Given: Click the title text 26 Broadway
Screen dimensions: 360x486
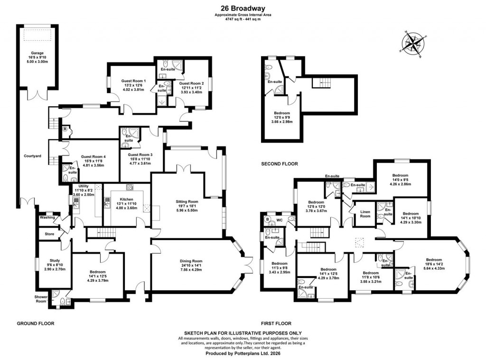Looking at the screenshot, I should pos(243,8).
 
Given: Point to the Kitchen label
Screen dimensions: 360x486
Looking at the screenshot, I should pos(126,199).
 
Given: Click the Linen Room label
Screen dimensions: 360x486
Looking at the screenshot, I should pos(365,213).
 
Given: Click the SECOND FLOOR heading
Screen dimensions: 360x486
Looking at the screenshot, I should pos(279,164).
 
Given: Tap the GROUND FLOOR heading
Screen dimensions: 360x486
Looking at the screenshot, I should pos(36,323).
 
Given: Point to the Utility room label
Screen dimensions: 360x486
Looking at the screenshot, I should pos(84,186).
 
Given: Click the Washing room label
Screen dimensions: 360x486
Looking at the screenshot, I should pos(47,217).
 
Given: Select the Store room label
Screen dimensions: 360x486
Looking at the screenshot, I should pos(49,234).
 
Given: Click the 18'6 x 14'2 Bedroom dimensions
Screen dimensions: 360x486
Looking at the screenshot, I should pos(434,265).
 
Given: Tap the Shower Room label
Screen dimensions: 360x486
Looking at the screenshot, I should pos(40,299).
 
